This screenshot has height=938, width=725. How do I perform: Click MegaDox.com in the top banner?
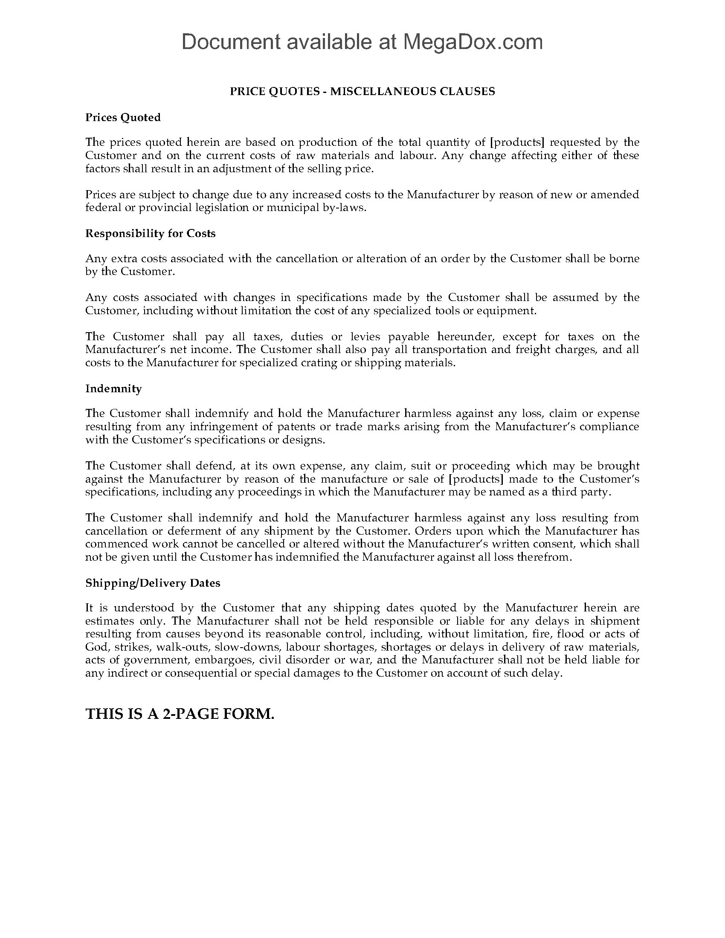click(472, 42)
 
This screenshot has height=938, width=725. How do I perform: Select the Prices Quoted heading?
click(123, 117)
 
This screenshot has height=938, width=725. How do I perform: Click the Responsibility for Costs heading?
click(150, 233)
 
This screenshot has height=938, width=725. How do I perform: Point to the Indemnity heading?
click(113, 388)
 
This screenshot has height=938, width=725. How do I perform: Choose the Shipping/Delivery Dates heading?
click(153, 583)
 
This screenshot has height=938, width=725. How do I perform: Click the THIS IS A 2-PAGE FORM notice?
click(180, 714)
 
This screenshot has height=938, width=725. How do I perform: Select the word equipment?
click(510, 310)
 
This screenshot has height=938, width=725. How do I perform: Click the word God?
click(96, 647)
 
